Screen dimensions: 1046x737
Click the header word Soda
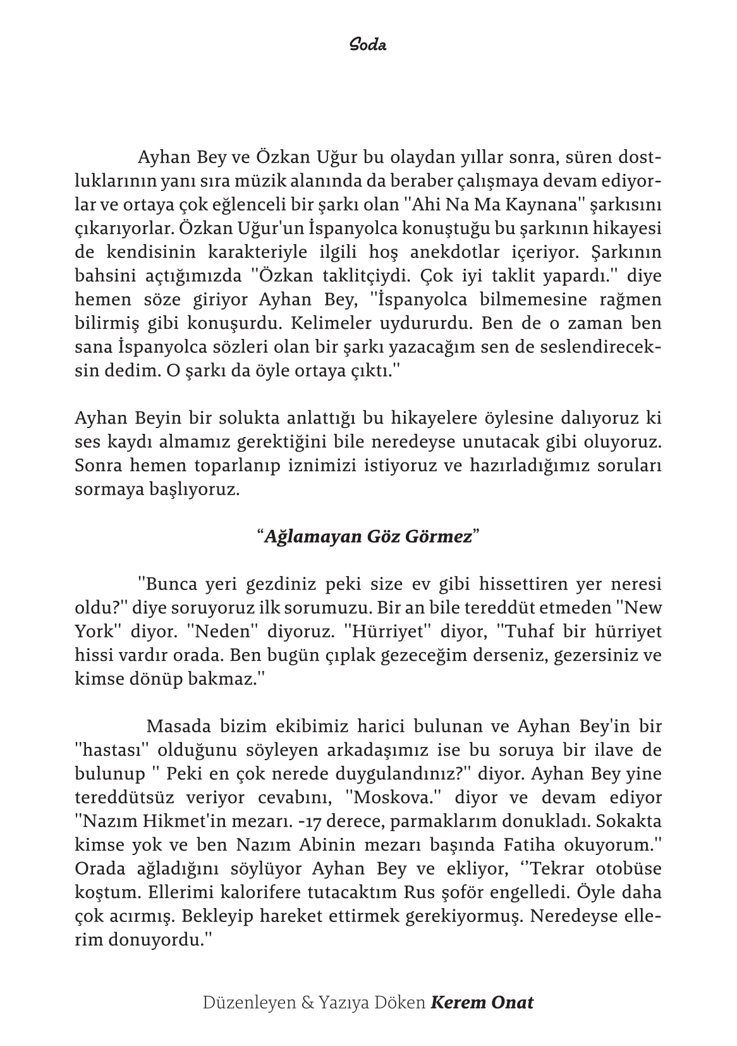pos(368,46)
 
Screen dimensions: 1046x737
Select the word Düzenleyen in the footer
pos(249,1002)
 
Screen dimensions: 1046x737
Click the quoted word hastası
pos(112,750)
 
